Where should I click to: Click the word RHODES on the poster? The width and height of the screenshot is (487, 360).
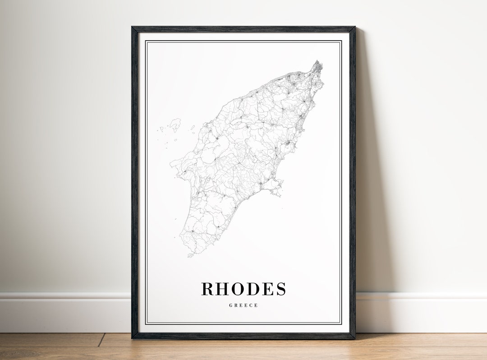(243, 289)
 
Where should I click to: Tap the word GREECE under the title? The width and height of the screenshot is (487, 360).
(243, 305)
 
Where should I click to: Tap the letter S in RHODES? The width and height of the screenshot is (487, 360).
(281, 289)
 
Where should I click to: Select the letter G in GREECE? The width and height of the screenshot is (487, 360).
(231, 305)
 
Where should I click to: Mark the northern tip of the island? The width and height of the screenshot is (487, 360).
(318, 62)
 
